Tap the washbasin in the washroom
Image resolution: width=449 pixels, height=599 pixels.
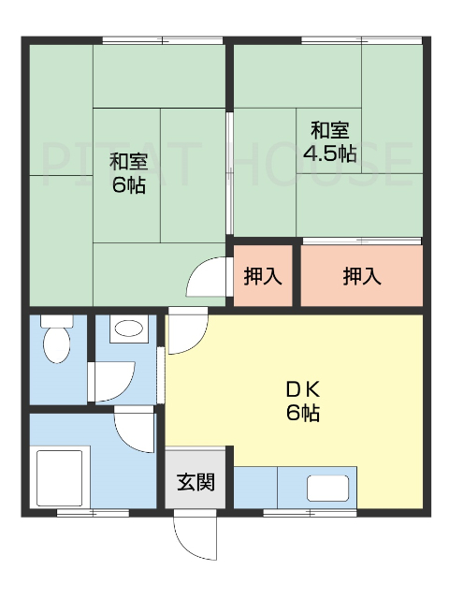point(126,329)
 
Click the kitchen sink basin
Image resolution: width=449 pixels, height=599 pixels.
point(328,488)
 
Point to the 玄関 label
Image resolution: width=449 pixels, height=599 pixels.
point(196,483)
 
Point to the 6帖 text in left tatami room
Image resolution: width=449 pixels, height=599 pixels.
point(128,183)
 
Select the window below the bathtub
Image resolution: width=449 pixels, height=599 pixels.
point(92,512)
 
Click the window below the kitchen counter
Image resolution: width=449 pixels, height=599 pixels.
point(297,512)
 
